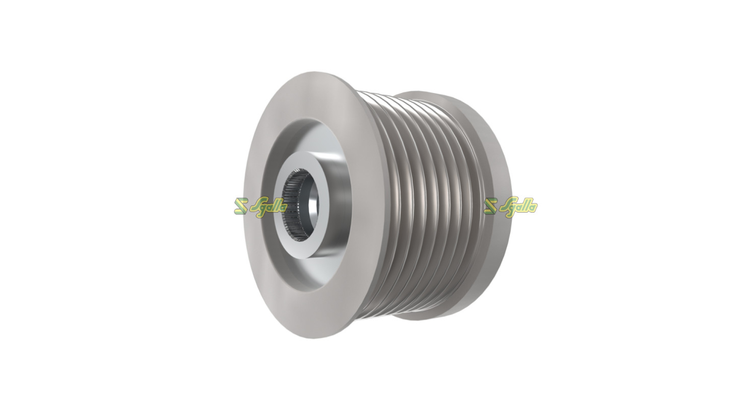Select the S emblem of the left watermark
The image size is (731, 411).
point(241,206)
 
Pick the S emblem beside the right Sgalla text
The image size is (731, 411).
point(491,206)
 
